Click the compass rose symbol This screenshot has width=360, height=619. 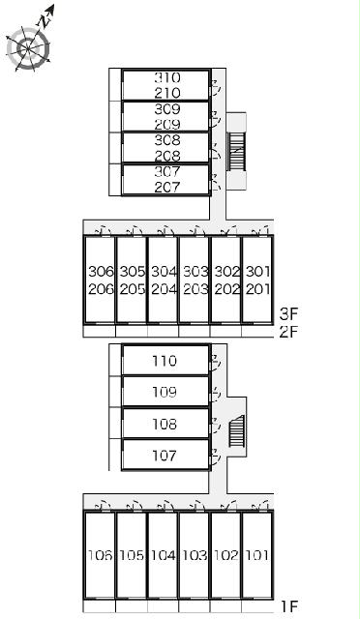tap(29, 48)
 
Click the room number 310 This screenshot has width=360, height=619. tap(167, 77)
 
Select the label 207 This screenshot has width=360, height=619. tap(167, 187)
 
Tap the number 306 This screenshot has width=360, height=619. tap(101, 272)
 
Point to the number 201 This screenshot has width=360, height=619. tap(258, 289)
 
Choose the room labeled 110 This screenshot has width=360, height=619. tap(165, 360)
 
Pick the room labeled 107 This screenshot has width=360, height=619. tap(165, 455)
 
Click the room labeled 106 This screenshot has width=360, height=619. tap(100, 555)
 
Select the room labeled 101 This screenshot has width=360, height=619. tap(257, 555)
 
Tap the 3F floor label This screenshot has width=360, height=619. tap(288, 313)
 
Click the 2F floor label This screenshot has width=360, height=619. tap(288, 332)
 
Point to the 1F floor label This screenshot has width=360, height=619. tap(289, 606)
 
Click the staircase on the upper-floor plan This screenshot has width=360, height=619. tap(236, 152)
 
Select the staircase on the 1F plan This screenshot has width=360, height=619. tap(237, 430)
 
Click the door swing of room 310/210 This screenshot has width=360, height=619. tap(215, 88)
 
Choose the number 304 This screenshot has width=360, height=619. tap(164, 272)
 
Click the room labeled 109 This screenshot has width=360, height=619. tap(165, 391)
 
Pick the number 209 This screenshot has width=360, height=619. tap(167, 125)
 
